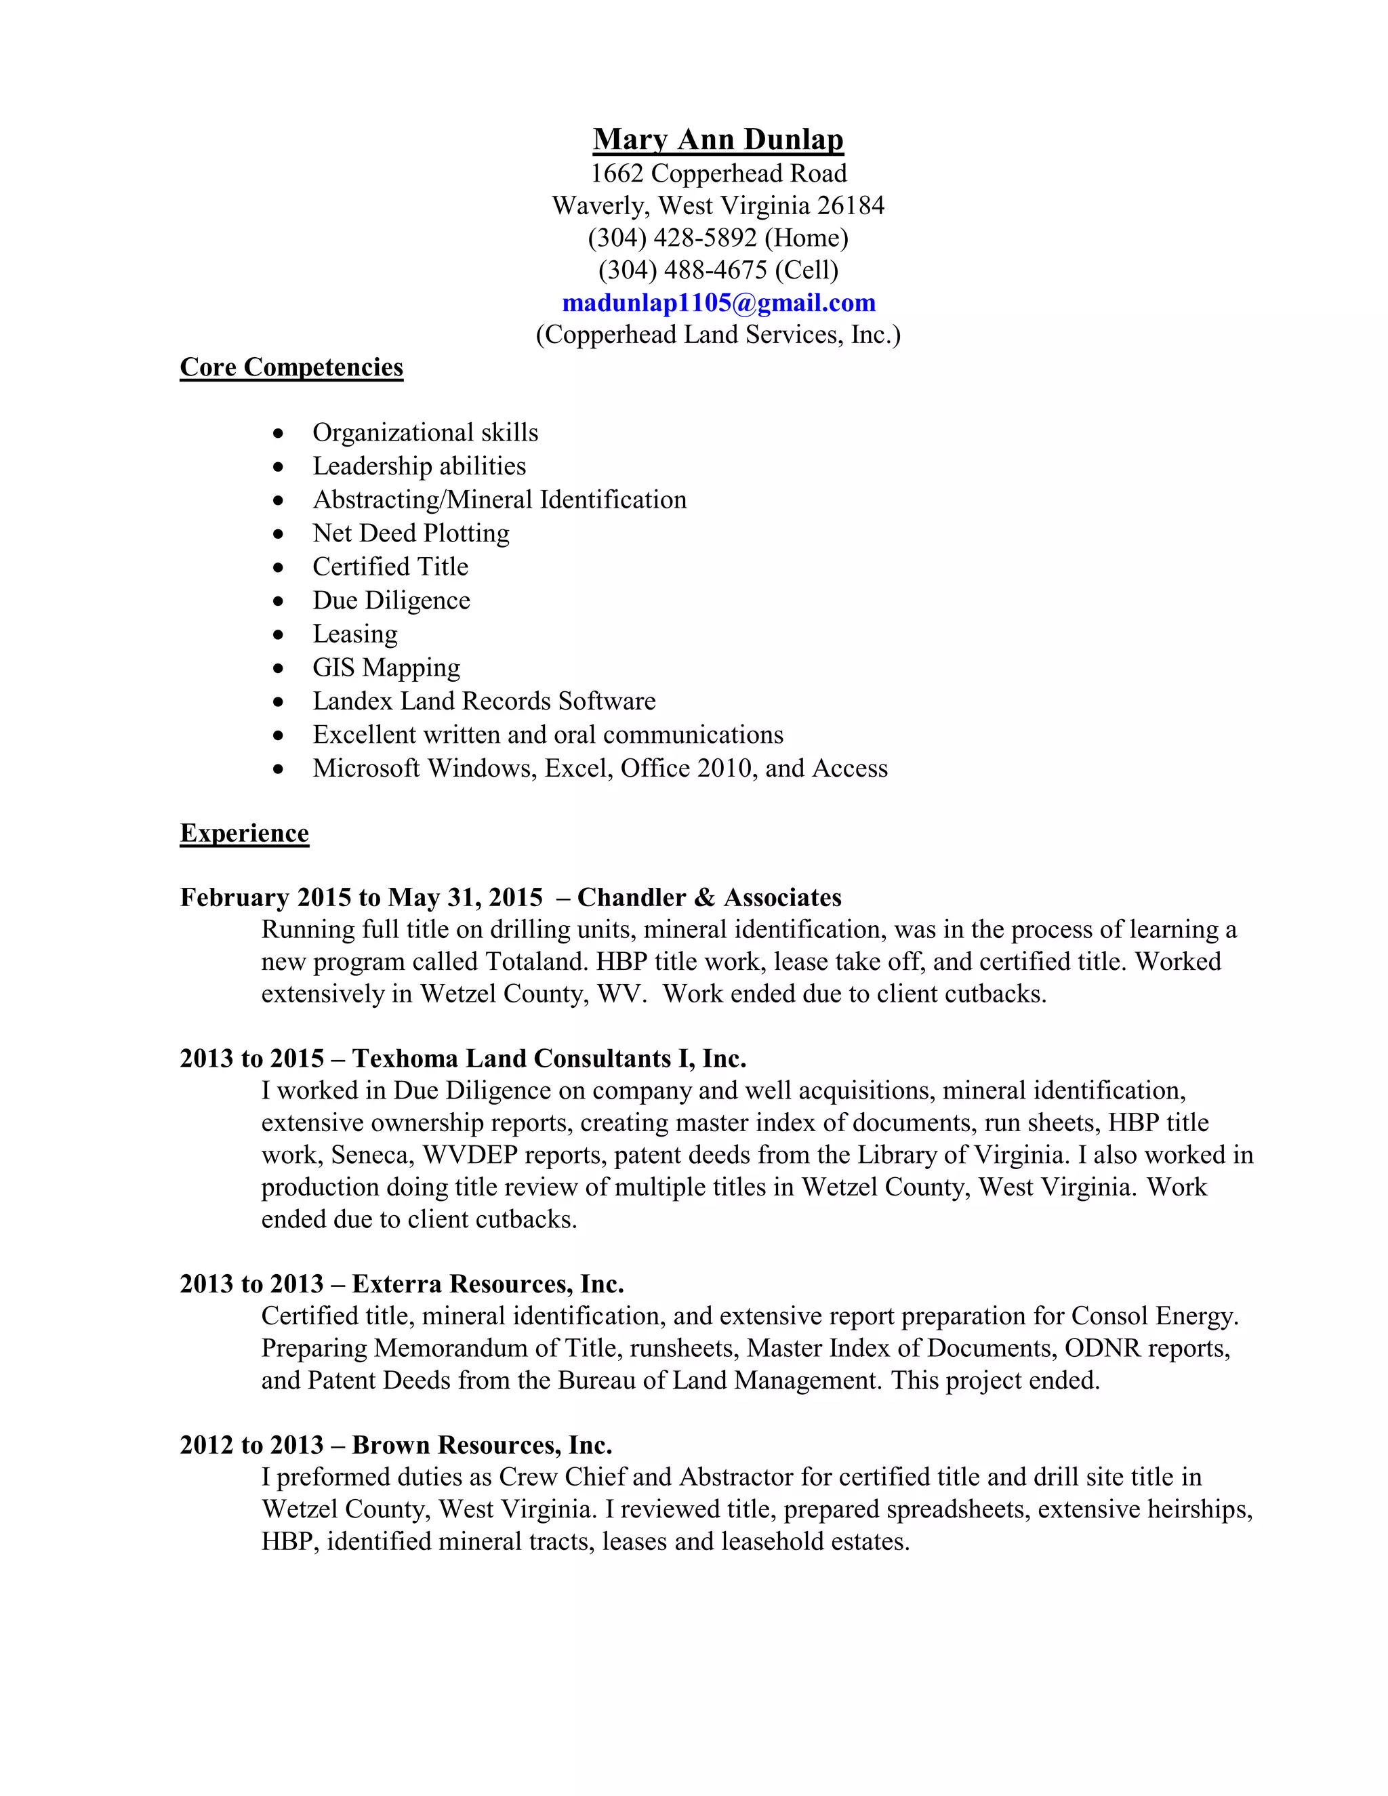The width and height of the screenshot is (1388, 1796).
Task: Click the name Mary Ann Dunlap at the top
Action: pos(718,139)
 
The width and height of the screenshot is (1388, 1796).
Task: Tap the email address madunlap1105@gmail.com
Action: pos(718,303)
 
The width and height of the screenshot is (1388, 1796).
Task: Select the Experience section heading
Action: pos(244,833)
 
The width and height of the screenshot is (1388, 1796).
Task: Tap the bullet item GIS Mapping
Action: pos(386,668)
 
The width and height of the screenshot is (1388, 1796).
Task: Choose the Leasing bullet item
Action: pos(354,634)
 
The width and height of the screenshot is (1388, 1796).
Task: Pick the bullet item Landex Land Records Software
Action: pos(483,701)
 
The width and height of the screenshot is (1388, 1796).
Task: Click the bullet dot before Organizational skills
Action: pos(280,433)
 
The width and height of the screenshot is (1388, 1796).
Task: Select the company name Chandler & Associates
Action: pos(709,897)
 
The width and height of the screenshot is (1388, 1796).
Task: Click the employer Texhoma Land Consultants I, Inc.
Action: pos(548,1059)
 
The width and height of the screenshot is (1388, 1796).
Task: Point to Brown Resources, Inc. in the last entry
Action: pos(482,1445)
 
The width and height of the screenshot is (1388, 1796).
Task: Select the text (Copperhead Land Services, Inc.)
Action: pos(718,335)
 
